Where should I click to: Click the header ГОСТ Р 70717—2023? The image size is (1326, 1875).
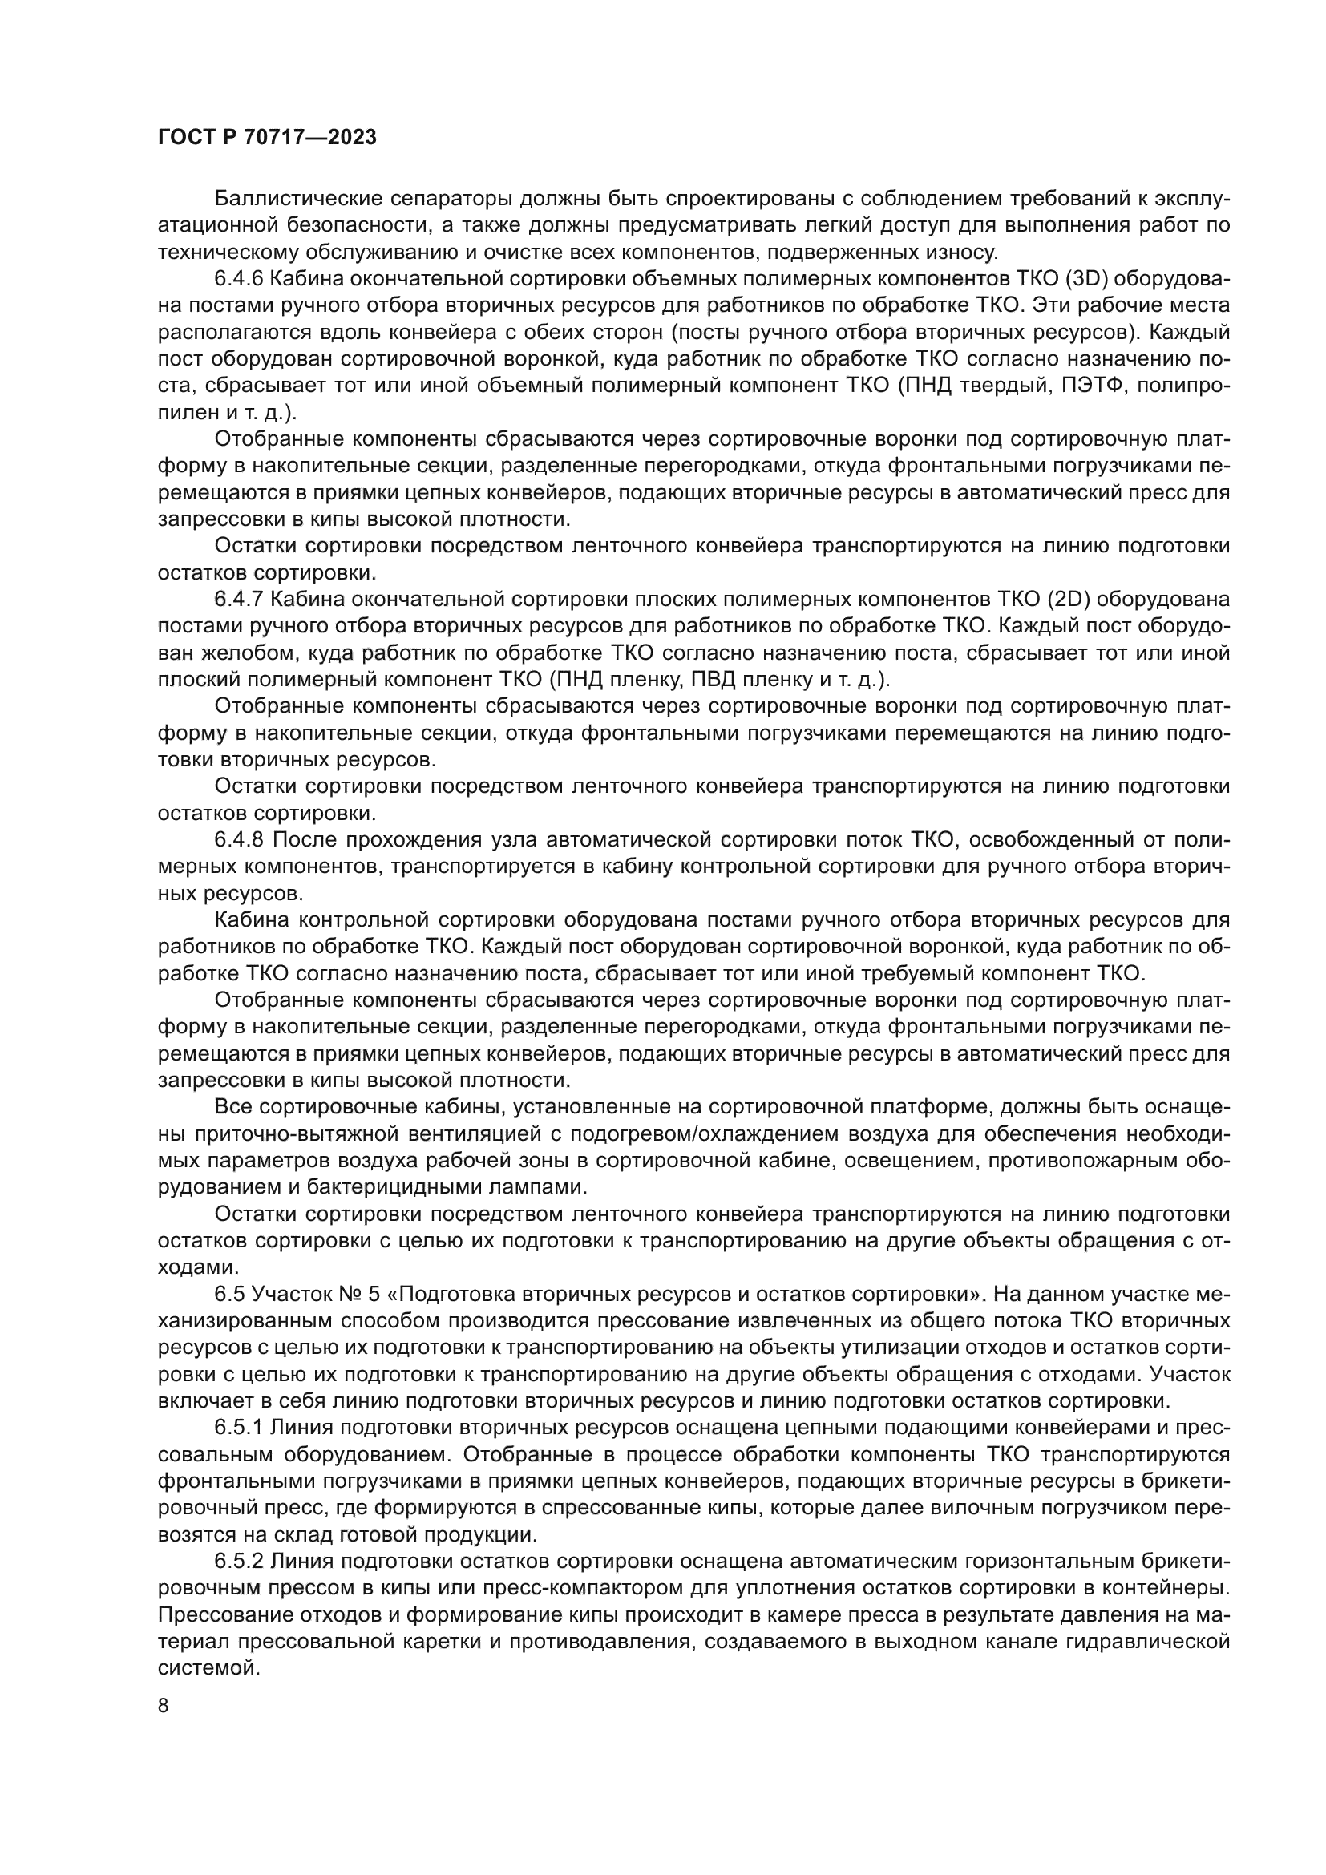point(266,138)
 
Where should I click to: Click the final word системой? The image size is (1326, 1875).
point(208,1667)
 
